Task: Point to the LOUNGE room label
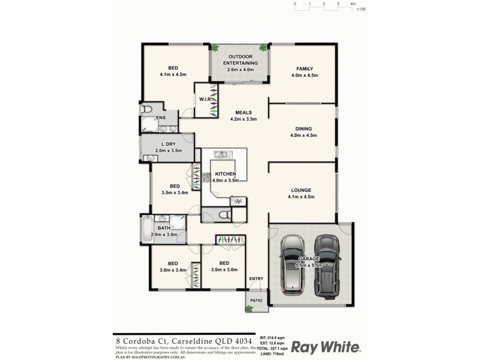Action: [302, 188]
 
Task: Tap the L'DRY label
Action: [168, 144]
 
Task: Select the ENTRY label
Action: [257, 278]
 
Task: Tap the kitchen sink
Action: [220, 155]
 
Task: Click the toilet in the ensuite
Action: [147, 110]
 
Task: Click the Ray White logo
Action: [326, 347]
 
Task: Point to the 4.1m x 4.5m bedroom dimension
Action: [173, 75]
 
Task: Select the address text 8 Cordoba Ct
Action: [139, 339]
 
